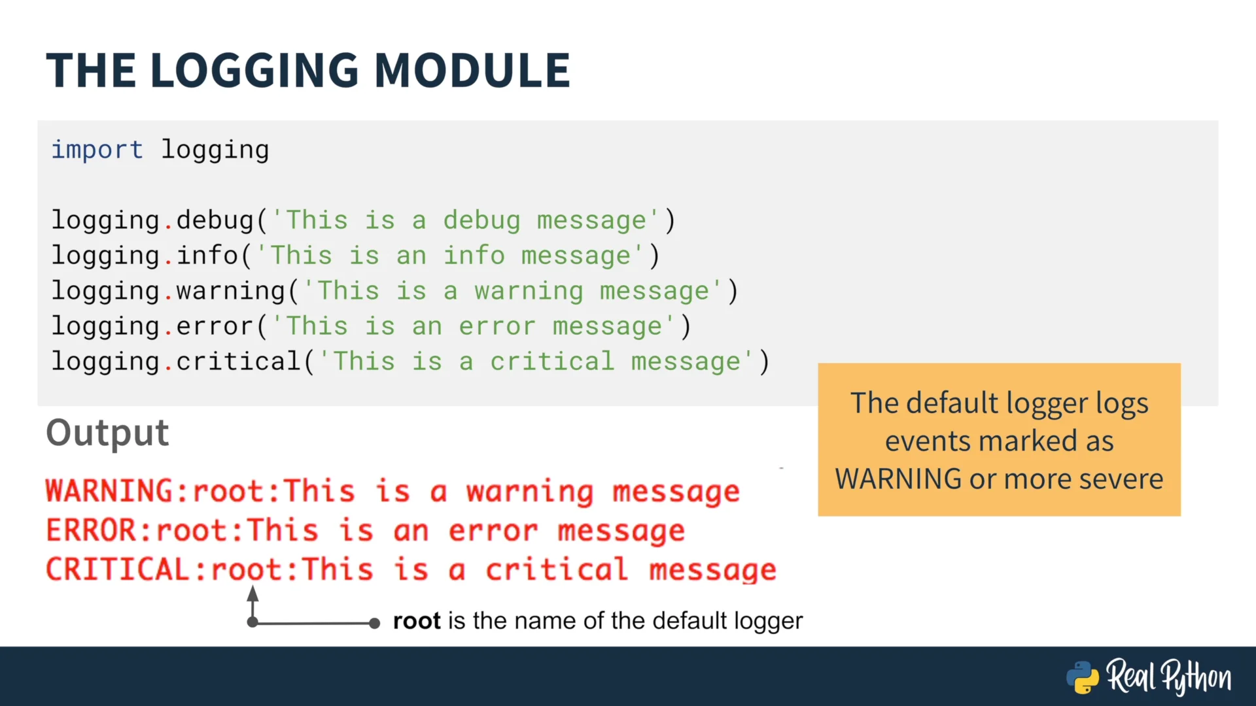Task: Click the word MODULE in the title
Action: [472, 70]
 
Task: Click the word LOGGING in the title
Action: [254, 70]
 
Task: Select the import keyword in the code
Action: [97, 150]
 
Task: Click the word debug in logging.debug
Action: [215, 220]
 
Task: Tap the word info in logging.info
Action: [207, 255]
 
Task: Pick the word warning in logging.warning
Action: [231, 291]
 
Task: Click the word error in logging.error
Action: [215, 326]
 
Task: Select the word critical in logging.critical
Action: [239, 361]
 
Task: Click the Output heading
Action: [107, 433]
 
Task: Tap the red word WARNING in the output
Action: [109, 491]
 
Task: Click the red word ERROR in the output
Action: [91, 530]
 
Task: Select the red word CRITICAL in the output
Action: [118, 569]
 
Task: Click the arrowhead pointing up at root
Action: [253, 594]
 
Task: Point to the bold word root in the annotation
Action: [417, 621]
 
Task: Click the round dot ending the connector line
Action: [374, 623]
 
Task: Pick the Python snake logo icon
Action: [1083, 677]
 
